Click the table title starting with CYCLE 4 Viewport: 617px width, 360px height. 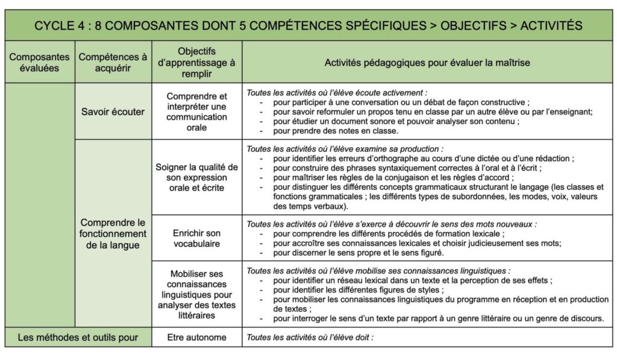[x=308, y=25]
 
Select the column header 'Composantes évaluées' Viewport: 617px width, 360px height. [x=39, y=62]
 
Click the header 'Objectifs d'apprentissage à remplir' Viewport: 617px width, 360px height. [x=197, y=62]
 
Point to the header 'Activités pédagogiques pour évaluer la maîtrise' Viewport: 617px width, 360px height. [x=427, y=62]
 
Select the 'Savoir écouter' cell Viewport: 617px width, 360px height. [x=113, y=112]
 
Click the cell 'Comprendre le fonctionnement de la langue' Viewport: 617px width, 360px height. [x=113, y=233]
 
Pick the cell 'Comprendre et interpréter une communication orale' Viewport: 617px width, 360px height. [x=197, y=112]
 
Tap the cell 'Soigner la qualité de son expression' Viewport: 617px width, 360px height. [x=197, y=177]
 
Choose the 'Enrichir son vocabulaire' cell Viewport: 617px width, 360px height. [x=197, y=238]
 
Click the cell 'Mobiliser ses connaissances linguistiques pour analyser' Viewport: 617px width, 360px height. [x=197, y=294]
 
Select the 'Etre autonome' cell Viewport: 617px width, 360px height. [x=197, y=338]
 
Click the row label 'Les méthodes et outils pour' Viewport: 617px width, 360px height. [x=78, y=338]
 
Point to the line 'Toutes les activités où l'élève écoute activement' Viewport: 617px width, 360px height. [x=337, y=93]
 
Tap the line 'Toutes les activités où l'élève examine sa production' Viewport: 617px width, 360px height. [x=345, y=148]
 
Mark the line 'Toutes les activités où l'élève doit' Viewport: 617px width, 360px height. [x=310, y=338]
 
